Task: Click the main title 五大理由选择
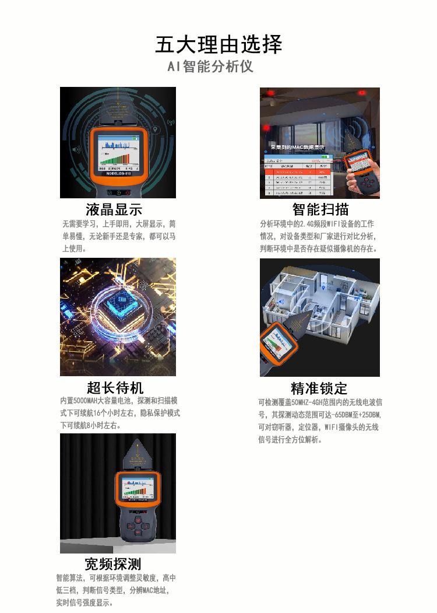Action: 218,45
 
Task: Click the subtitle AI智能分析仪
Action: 210,66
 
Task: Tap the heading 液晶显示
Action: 114,209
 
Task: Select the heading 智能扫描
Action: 320,209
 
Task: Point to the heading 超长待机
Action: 115,388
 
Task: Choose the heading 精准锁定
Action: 319,388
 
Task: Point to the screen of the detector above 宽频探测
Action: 138,488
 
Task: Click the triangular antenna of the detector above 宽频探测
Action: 138,452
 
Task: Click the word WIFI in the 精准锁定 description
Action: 332,428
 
